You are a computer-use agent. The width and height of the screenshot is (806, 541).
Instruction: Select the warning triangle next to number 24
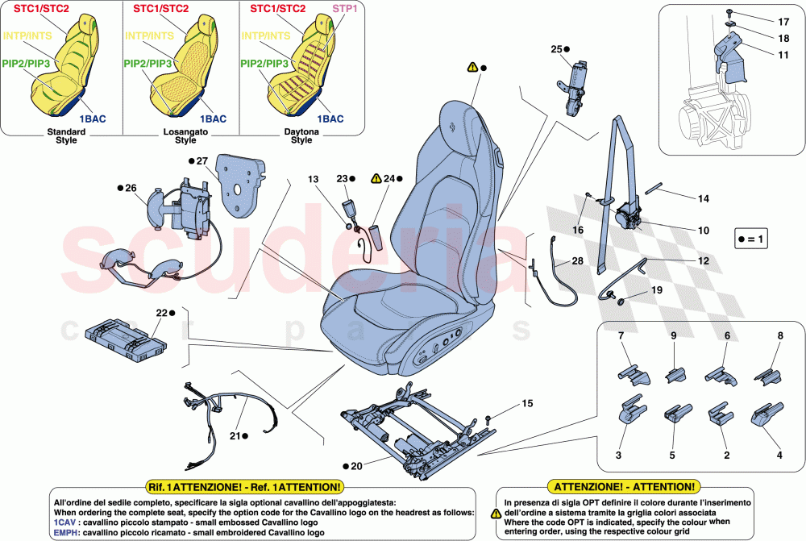click(376, 177)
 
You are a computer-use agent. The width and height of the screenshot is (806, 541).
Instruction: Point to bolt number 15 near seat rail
click(489, 419)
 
